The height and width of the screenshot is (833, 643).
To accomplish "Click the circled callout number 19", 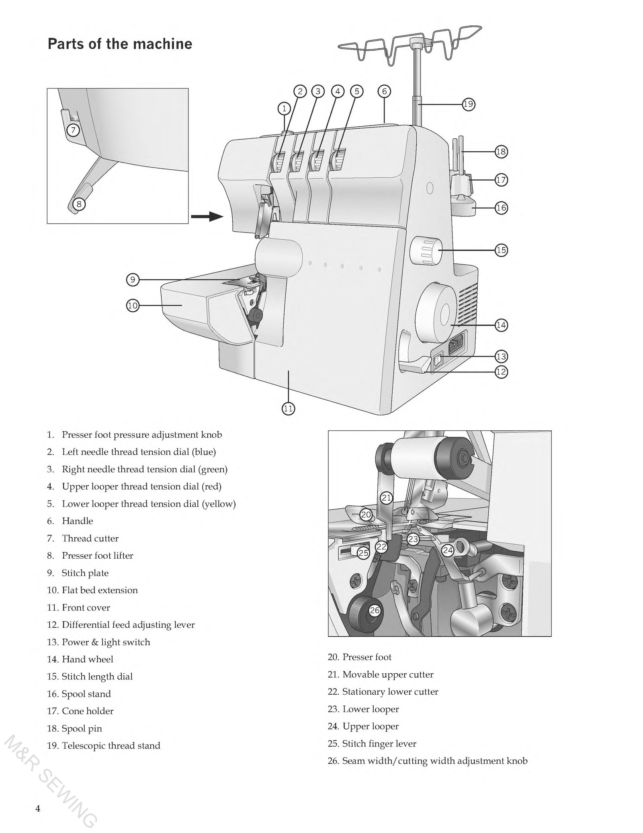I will [x=468, y=105].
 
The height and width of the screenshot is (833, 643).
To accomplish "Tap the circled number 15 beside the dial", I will [x=501, y=250].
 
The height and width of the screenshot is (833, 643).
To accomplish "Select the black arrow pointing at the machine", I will [x=207, y=217].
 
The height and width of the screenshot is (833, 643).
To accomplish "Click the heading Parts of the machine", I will [x=120, y=44].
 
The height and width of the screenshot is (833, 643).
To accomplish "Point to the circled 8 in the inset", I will [x=79, y=204].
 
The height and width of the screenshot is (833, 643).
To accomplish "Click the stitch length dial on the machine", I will [x=426, y=251].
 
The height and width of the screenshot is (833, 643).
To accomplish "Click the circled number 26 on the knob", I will [x=375, y=611].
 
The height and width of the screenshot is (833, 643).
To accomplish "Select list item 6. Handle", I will [x=70, y=521].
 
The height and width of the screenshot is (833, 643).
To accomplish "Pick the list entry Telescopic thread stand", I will [x=111, y=746].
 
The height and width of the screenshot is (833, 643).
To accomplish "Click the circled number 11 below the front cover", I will [x=288, y=409].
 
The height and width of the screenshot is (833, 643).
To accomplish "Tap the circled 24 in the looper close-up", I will [x=448, y=551].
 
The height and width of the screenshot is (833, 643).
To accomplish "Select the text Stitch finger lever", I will [x=379, y=744].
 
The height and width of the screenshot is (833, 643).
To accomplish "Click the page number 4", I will [x=38, y=808].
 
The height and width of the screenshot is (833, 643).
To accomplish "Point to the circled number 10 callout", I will [x=133, y=306].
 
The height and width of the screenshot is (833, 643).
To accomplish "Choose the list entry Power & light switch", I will [x=105, y=642].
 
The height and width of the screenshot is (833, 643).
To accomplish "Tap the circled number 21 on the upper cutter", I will [x=386, y=498].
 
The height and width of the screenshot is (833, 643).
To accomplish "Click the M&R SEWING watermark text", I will [x=50, y=784].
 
